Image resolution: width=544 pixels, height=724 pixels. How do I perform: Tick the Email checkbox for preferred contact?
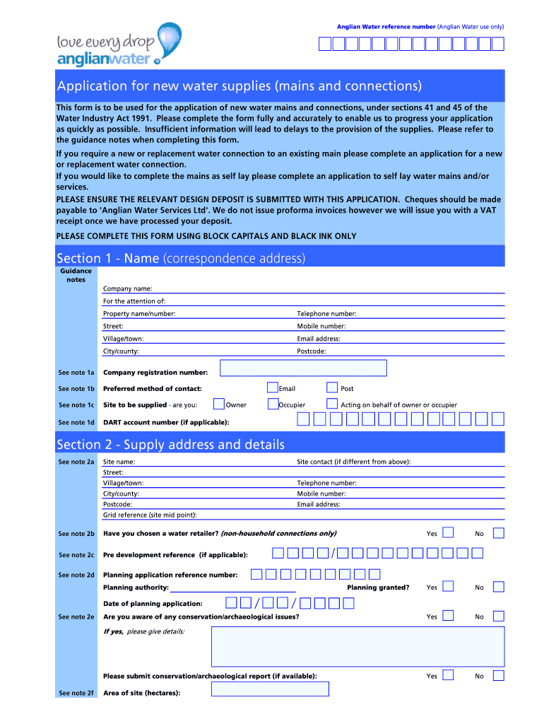click(x=273, y=387)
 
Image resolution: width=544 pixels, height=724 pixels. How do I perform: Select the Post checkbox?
click(x=332, y=387)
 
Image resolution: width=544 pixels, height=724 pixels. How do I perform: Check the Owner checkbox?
click(x=218, y=404)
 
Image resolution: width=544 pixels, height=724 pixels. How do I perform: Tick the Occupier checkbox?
click(x=273, y=404)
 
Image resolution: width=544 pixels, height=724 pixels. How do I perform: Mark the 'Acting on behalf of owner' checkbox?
click(x=332, y=404)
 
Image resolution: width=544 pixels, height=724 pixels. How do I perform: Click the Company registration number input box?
click(x=303, y=368)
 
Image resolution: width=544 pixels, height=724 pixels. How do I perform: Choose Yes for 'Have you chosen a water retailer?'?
click(x=448, y=532)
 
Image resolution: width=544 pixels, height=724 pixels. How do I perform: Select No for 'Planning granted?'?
click(x=499, y=587)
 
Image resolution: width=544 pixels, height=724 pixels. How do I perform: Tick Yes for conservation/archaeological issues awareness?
click(x=448, y=616)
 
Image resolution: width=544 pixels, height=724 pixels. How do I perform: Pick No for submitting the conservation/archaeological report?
click(x=499, y=675)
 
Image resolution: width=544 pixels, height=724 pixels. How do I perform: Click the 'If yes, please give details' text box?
click(x=357, y=646)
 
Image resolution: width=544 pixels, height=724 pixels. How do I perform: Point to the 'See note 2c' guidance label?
click(x=76, y=555)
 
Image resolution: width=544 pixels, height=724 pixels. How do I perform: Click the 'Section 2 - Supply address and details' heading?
click(x=171, y=445)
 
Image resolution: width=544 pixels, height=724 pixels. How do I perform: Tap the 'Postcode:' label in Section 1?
click(x=312, y=351)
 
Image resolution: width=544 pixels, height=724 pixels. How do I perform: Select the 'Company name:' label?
click(x=128, y=288)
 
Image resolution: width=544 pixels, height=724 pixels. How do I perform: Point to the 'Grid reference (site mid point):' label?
click(x=150, y=515)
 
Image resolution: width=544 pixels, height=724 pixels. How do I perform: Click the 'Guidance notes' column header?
click(x=76, y=275)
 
